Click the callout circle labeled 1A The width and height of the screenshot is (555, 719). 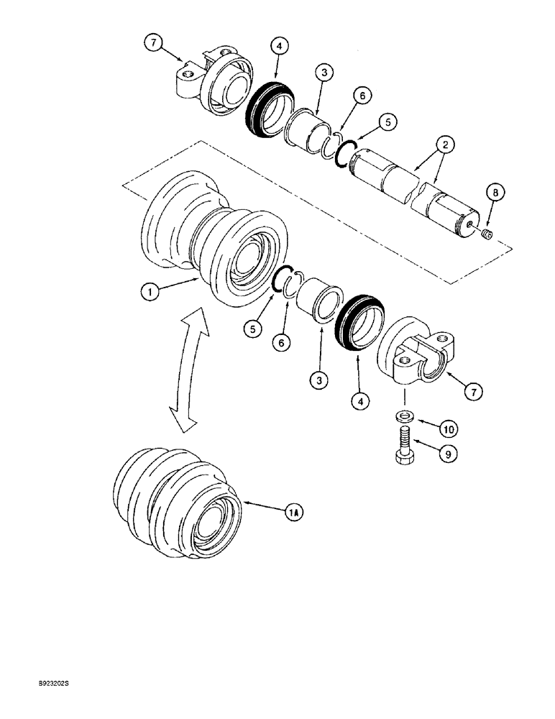tap(293, 513)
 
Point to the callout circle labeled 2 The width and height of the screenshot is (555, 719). tap(447, 145)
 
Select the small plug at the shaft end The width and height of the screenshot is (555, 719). tap(487, 234)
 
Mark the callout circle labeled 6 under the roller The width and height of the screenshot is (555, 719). tap(281, 343)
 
